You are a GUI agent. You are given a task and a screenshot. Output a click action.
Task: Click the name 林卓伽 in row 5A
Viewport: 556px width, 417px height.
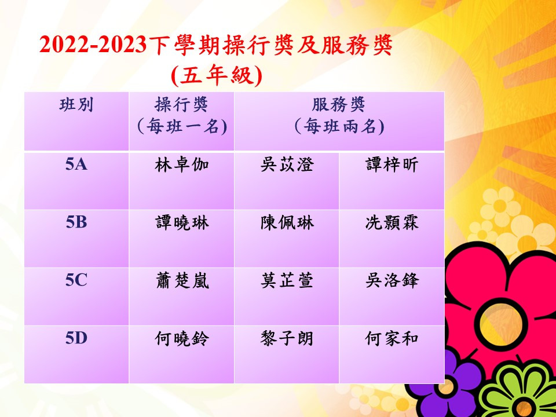[x=181, y=165]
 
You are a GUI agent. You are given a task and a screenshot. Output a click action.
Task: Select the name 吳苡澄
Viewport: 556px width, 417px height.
[x=287, y=165]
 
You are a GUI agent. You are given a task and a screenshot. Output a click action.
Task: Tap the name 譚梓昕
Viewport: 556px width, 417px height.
[x=392, y=165]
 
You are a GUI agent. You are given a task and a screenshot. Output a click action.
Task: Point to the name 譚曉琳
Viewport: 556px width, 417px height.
[x=182, y=223]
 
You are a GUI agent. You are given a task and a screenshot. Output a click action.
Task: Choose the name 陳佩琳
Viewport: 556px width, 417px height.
[x=287, y=223]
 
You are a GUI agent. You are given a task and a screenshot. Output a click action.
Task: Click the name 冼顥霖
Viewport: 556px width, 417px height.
[x=392, y=223]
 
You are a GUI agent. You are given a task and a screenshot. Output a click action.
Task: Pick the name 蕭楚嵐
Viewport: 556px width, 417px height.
[x=182, y=281]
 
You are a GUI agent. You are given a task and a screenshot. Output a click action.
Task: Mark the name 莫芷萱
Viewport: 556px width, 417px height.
[x=287, y=281]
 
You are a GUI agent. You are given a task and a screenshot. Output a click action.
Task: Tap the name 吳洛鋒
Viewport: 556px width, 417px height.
[x=392, y=281]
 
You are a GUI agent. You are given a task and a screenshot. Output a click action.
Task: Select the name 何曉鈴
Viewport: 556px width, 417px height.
[x=182, y=339]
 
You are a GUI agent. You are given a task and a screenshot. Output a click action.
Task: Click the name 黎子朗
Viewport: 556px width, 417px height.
[x=287, y=339]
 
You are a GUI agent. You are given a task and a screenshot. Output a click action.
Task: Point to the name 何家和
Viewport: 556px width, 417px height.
[x=392, y=339]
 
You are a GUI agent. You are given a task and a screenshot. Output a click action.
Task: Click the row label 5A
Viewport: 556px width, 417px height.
[x=76, y=165]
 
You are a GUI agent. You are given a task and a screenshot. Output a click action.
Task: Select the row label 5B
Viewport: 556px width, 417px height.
[x=76, y=222]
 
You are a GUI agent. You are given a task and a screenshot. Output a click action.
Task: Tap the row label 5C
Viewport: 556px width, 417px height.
[x=76, y=280]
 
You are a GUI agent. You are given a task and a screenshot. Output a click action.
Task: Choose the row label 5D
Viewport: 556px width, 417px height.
[x=76, y=338]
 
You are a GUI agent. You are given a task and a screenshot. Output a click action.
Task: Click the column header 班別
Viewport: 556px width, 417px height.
[x=76, y=105]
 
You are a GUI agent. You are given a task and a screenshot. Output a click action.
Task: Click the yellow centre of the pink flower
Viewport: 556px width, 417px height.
[x=500, y=324]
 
